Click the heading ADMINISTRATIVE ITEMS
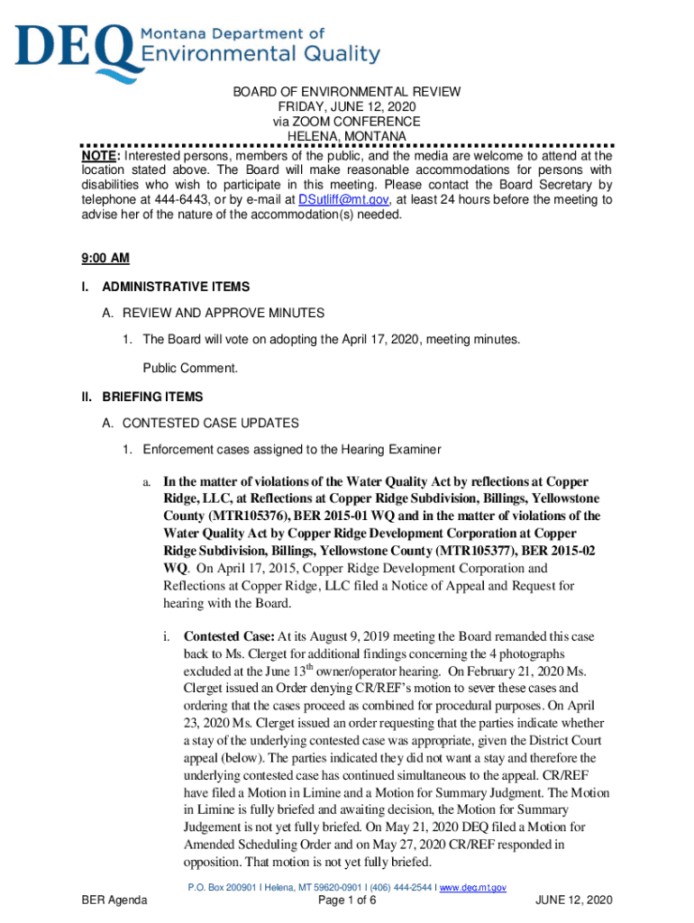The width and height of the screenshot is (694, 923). coord(176,287)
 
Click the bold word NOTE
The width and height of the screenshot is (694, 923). coord(99,156)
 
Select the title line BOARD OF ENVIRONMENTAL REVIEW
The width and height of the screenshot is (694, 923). coord(347,92)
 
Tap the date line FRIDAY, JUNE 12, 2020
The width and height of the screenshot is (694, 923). coord(347,106)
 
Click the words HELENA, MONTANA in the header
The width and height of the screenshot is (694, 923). coord(347,136)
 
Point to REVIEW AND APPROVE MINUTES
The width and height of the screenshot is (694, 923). coord(214,313)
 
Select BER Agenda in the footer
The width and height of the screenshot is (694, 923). coord(114,900)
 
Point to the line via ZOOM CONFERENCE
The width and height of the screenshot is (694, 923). coord(347,122)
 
